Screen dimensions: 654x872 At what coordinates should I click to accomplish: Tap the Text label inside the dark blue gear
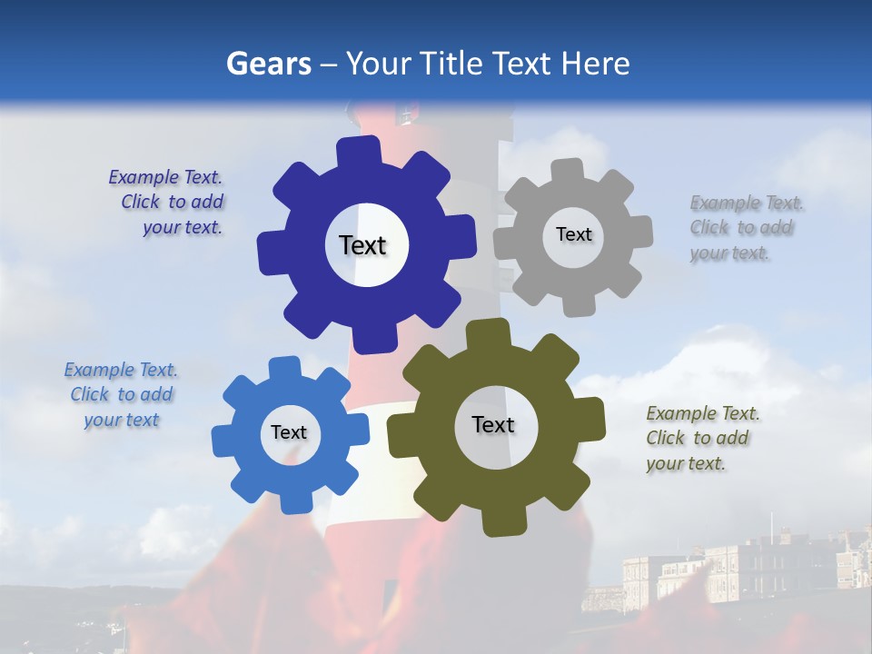[x=362, y=245]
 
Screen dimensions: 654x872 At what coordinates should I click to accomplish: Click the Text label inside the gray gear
[x=573, y=234]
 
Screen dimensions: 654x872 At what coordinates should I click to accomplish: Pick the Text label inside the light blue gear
[x=289, y=432]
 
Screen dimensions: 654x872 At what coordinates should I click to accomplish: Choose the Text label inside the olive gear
[x=493, y=424]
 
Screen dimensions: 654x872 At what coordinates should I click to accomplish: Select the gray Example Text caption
[x=745, y=227]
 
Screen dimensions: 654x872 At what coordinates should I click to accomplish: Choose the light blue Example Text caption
[x=121, y=394]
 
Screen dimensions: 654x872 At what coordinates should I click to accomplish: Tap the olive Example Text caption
[x=701, y=438]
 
